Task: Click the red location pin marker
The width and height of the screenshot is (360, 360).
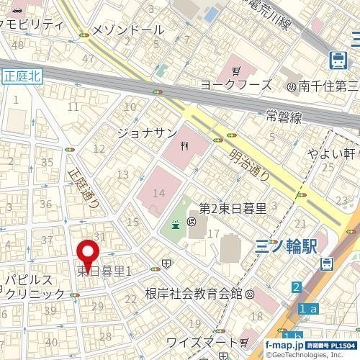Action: [88, 253]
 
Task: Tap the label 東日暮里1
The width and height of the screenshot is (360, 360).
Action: [104, 271]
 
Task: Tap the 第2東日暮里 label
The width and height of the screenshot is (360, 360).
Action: [232, 209]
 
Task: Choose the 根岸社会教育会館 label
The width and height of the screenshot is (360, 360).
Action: [193, 294]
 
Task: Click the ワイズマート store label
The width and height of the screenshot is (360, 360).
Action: [201, 341]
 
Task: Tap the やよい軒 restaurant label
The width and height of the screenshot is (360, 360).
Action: [328, 153]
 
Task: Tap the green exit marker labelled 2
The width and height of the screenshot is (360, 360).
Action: [295, 288]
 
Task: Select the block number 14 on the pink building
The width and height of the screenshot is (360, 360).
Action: [159, 193]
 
